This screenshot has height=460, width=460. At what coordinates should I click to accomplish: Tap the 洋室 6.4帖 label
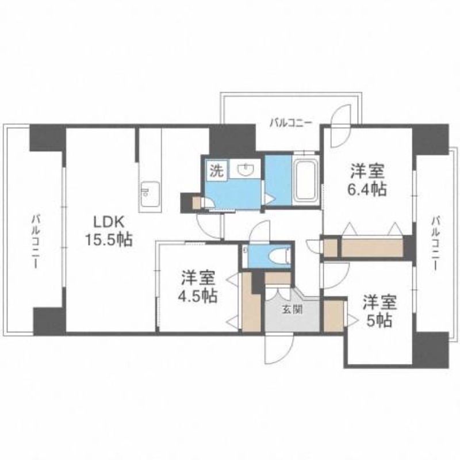click(368, 179)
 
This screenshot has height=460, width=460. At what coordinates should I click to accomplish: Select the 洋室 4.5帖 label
click(198, 286)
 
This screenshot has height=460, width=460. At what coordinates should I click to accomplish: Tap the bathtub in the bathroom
click(306, 180)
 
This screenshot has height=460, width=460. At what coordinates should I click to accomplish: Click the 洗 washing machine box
click(217, 170)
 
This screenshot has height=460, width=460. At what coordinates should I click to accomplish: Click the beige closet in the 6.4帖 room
click(370, 247)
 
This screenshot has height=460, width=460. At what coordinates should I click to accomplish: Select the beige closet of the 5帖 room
click(333, 315)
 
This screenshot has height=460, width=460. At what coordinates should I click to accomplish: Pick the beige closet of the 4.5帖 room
click(250, 302)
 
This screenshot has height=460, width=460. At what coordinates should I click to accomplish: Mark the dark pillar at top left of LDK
click(47, 137)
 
